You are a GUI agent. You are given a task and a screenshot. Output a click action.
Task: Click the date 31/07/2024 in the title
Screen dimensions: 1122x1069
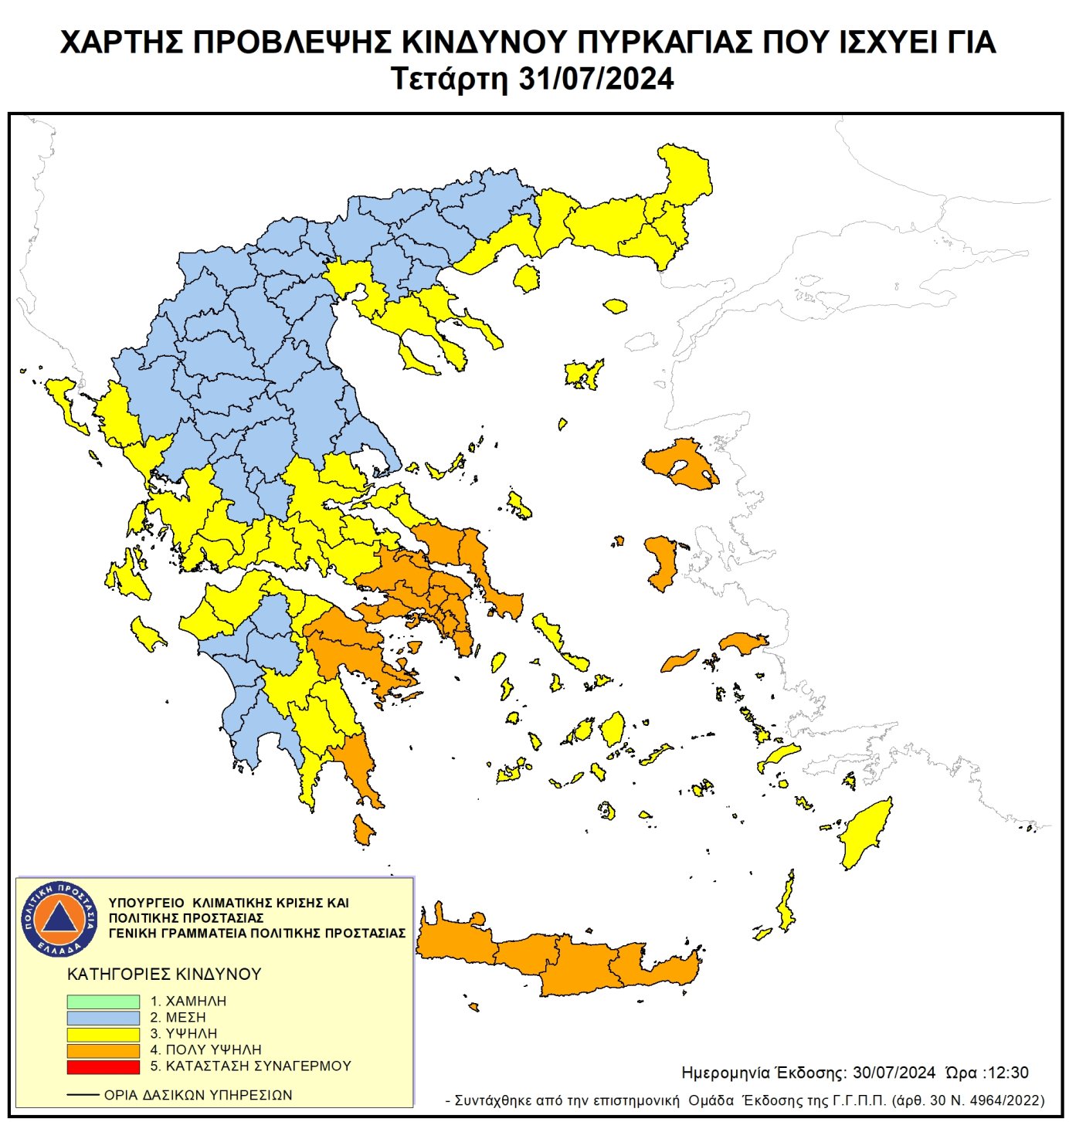pos(596,80)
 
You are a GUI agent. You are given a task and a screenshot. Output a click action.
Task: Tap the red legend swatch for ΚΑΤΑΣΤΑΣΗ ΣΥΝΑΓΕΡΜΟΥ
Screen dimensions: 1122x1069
pos(103,1066)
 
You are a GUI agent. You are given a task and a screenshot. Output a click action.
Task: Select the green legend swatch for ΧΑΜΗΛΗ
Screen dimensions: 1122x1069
pos(103,1001)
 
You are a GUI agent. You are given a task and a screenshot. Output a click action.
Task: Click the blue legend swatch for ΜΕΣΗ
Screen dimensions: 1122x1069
pos(103,1018)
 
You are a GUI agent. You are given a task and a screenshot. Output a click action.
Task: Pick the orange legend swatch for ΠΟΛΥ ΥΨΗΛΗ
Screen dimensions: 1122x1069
pos(103,1050)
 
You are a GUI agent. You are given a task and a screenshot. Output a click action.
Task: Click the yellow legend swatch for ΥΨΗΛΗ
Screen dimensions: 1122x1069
pos(103,1034)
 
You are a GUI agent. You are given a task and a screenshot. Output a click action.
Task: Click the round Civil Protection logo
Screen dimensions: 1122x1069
pos(59,919)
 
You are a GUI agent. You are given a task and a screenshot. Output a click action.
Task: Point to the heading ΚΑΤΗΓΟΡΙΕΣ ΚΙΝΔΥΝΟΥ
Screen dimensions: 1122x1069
pos(165,974)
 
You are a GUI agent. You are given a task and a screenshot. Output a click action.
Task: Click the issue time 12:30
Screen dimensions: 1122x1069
pos(1008,1073)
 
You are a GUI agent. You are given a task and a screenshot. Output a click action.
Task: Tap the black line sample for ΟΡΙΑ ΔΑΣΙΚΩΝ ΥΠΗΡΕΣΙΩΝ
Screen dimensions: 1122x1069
pos(83,1095)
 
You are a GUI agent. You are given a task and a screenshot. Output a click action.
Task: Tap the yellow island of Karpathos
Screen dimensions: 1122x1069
pos(787,903)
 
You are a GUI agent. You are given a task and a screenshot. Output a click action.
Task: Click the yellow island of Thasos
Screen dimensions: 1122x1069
pos(527,278)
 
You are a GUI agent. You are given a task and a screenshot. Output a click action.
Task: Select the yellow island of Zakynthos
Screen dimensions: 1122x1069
pos(146,634)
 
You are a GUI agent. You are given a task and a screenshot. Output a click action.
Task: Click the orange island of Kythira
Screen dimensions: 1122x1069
pos(362,830)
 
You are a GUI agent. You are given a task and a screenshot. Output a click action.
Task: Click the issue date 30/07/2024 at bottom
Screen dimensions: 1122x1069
pos(894,1073)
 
